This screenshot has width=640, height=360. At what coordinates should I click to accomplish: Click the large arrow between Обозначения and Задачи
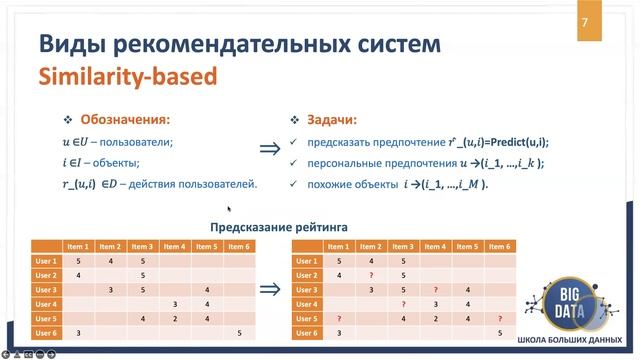[269, 149]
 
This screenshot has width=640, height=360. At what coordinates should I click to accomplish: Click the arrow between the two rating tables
[269, 290]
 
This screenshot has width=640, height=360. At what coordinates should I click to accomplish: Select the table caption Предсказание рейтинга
[272, 226]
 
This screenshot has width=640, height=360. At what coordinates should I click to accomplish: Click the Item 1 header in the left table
[77, 246]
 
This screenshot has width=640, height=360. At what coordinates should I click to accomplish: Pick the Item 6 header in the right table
[499, 246]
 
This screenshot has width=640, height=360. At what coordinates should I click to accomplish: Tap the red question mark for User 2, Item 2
[371, 275]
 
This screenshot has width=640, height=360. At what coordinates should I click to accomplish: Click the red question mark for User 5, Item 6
[499, 317]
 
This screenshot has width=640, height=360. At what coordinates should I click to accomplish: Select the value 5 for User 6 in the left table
[239, 332]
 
